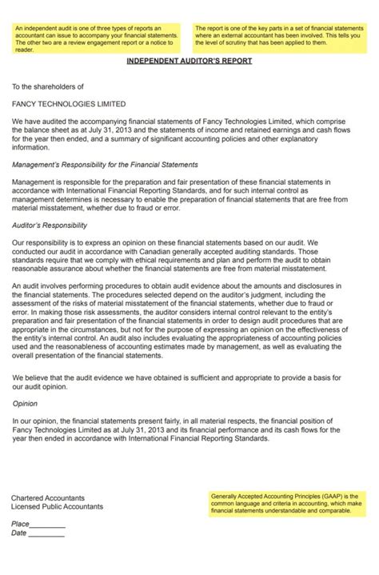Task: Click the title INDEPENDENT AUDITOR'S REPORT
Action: point(189,61)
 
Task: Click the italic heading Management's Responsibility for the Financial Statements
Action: point(105,165)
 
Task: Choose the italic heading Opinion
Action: point(25,404)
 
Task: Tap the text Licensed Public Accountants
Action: point(57,506)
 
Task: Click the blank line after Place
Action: point(48,525)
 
